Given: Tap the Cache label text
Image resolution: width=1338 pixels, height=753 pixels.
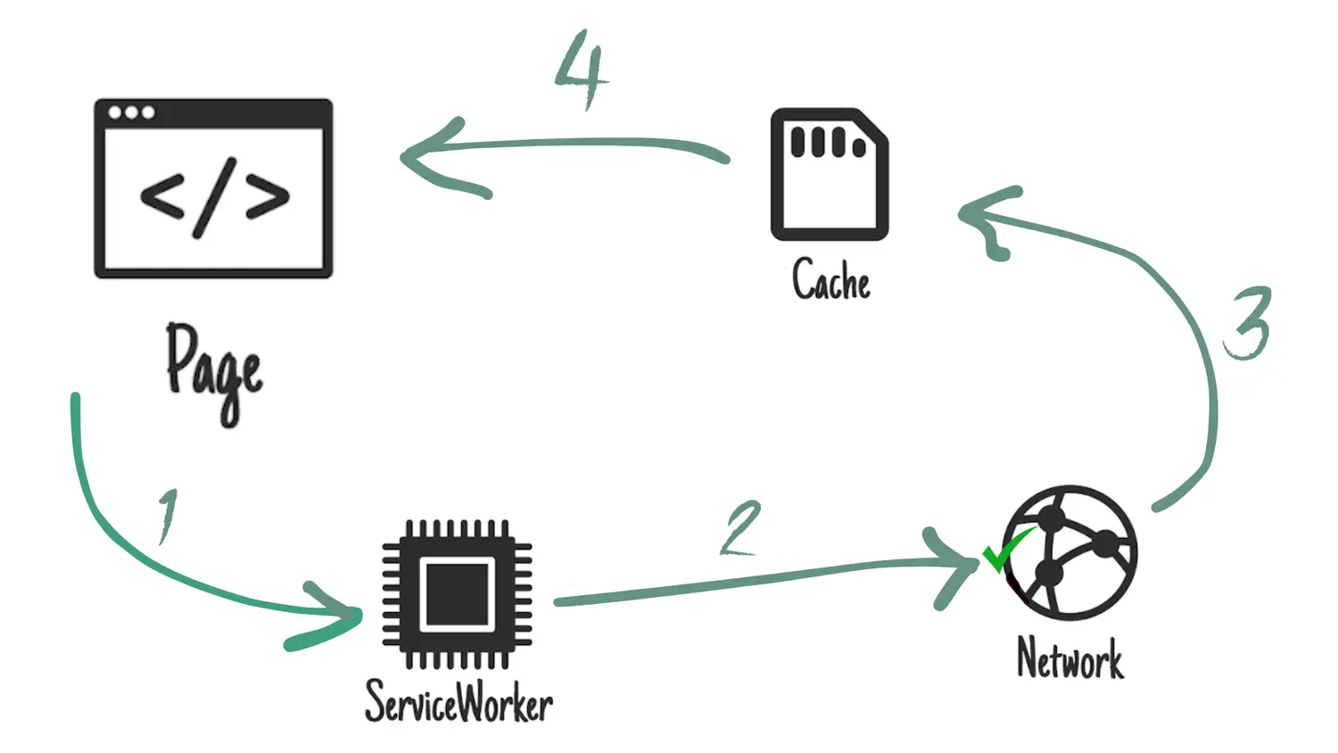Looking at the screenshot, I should tap(830, 280).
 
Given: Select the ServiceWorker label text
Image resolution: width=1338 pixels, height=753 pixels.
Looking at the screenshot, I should tap(458, 701).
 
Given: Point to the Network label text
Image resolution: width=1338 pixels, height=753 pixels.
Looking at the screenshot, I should tap(1070, 659).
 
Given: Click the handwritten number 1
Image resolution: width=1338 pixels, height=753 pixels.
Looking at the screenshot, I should tap(168, 516).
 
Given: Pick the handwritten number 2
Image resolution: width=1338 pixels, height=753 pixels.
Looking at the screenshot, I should tap(741, 528).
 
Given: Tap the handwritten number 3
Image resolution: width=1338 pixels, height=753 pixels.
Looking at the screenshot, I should tap(1248, 323).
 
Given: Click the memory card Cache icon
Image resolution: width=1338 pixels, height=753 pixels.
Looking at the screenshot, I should tap(830, 175).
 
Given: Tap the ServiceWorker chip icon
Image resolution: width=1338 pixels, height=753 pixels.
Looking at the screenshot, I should tap(458, 593).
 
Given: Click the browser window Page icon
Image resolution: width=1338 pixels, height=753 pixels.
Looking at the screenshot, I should tap(213, 188).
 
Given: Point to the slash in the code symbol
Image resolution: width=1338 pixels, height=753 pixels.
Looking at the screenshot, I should tap(214, 197).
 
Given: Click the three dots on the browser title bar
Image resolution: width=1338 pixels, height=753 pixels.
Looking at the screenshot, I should tap(131, 112).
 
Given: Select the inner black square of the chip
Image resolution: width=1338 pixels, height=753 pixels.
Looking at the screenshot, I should tap(458, 594).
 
